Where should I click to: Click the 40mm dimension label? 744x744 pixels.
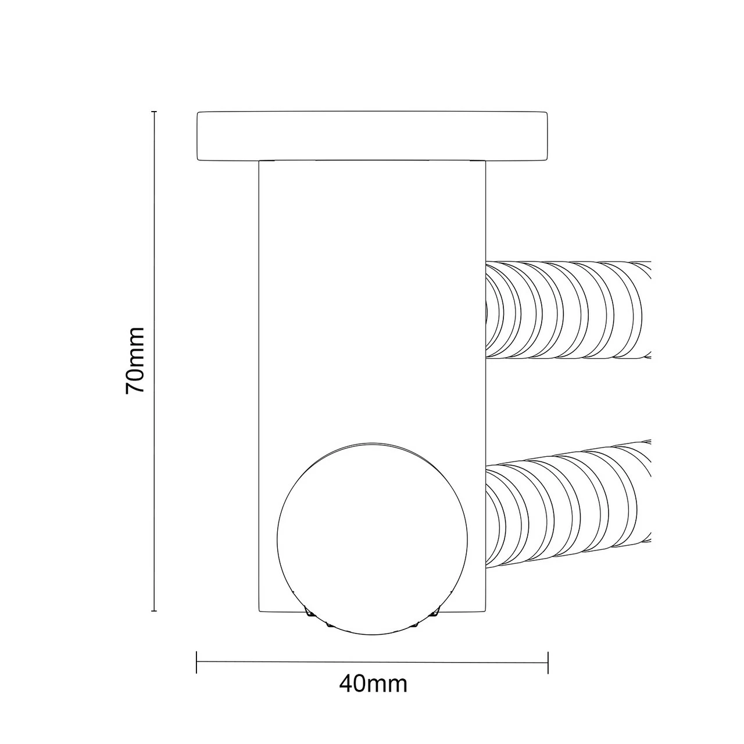click(373, 684)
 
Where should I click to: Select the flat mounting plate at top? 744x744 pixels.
click(372, 136)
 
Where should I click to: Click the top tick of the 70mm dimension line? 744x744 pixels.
click(154, 111)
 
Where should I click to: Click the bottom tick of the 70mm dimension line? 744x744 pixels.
click(154, 611)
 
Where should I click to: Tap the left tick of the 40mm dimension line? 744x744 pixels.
click(196, 662)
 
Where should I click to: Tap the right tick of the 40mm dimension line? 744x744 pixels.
click(548, 662)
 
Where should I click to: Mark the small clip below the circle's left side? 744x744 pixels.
click(310, 616)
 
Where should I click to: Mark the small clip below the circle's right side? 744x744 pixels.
click(435, 616)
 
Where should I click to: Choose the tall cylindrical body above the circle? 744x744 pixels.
click(372, 291)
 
